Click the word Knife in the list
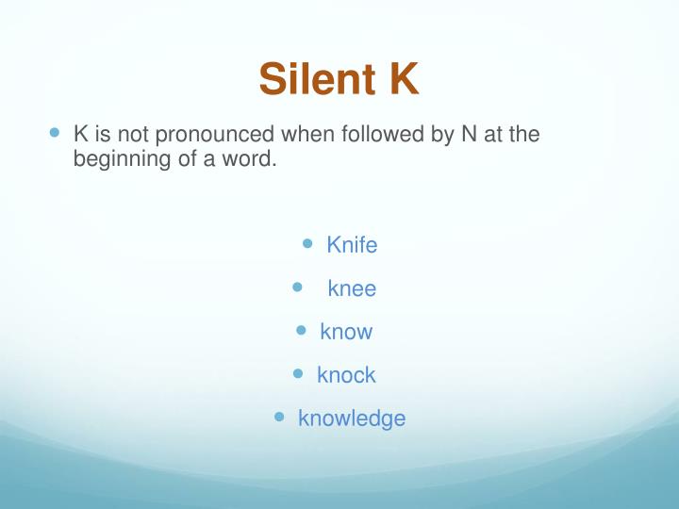coord(352,245)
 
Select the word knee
coord(352,288)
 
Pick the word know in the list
coord(346,332)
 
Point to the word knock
coord(346,375)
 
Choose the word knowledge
coord(352,419)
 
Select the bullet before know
coord(302,330)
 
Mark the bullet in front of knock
coord(298,373)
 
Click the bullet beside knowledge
coord(279,416)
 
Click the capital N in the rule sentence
coord(468,134)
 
